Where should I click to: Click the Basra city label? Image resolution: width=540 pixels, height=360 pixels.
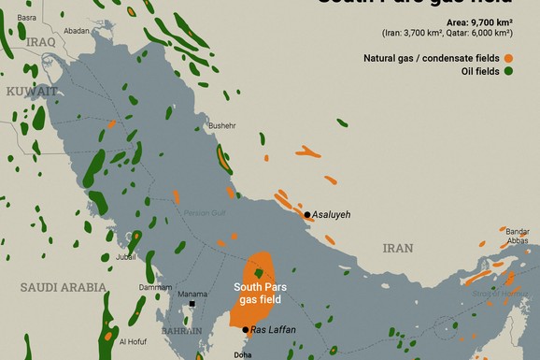pos(28,18)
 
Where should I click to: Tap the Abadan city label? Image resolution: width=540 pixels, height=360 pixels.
pos(77,31)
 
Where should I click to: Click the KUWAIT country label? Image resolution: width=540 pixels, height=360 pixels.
pos(31,91)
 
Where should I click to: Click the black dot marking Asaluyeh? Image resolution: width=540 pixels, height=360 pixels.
pos(306,215)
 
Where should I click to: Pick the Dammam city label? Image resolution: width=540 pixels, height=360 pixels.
pos(155,287)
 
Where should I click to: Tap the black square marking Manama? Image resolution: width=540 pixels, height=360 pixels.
pos(192,305)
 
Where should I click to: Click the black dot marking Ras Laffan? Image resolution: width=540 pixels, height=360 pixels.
pos(246,330)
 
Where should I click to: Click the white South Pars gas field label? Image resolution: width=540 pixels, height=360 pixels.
pos(261,292)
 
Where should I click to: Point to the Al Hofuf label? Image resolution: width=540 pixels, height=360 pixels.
pos(134,341)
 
